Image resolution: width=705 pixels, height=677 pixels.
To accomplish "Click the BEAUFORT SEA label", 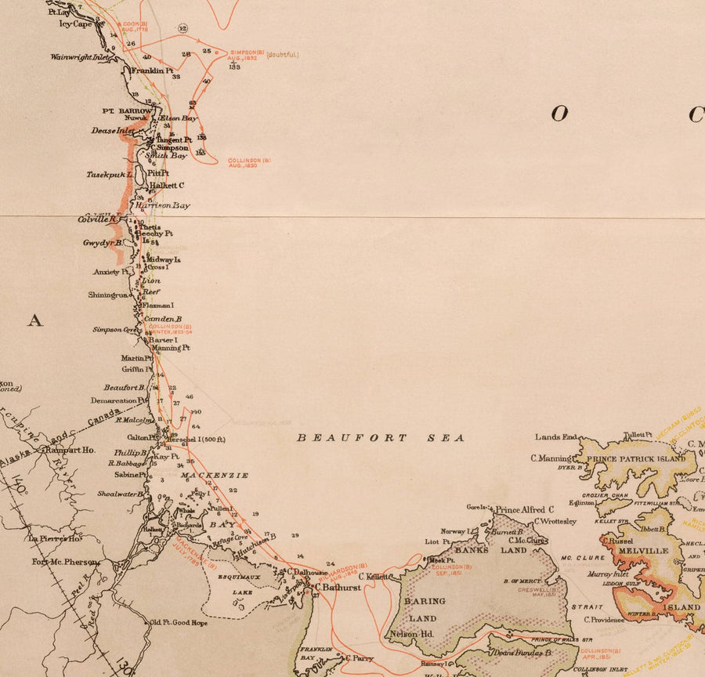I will click(x=381, y=438).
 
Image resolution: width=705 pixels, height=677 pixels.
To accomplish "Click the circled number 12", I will click(x=183, y=28).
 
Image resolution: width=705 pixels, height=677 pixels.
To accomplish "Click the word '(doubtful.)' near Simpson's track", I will click(x=283, y=54).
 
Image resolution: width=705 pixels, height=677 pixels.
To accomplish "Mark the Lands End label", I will click(x=556, y=436).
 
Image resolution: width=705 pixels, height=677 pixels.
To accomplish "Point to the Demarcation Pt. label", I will click(x=118, y=400).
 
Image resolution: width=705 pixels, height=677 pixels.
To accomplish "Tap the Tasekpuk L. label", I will click(x=110, y=175).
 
